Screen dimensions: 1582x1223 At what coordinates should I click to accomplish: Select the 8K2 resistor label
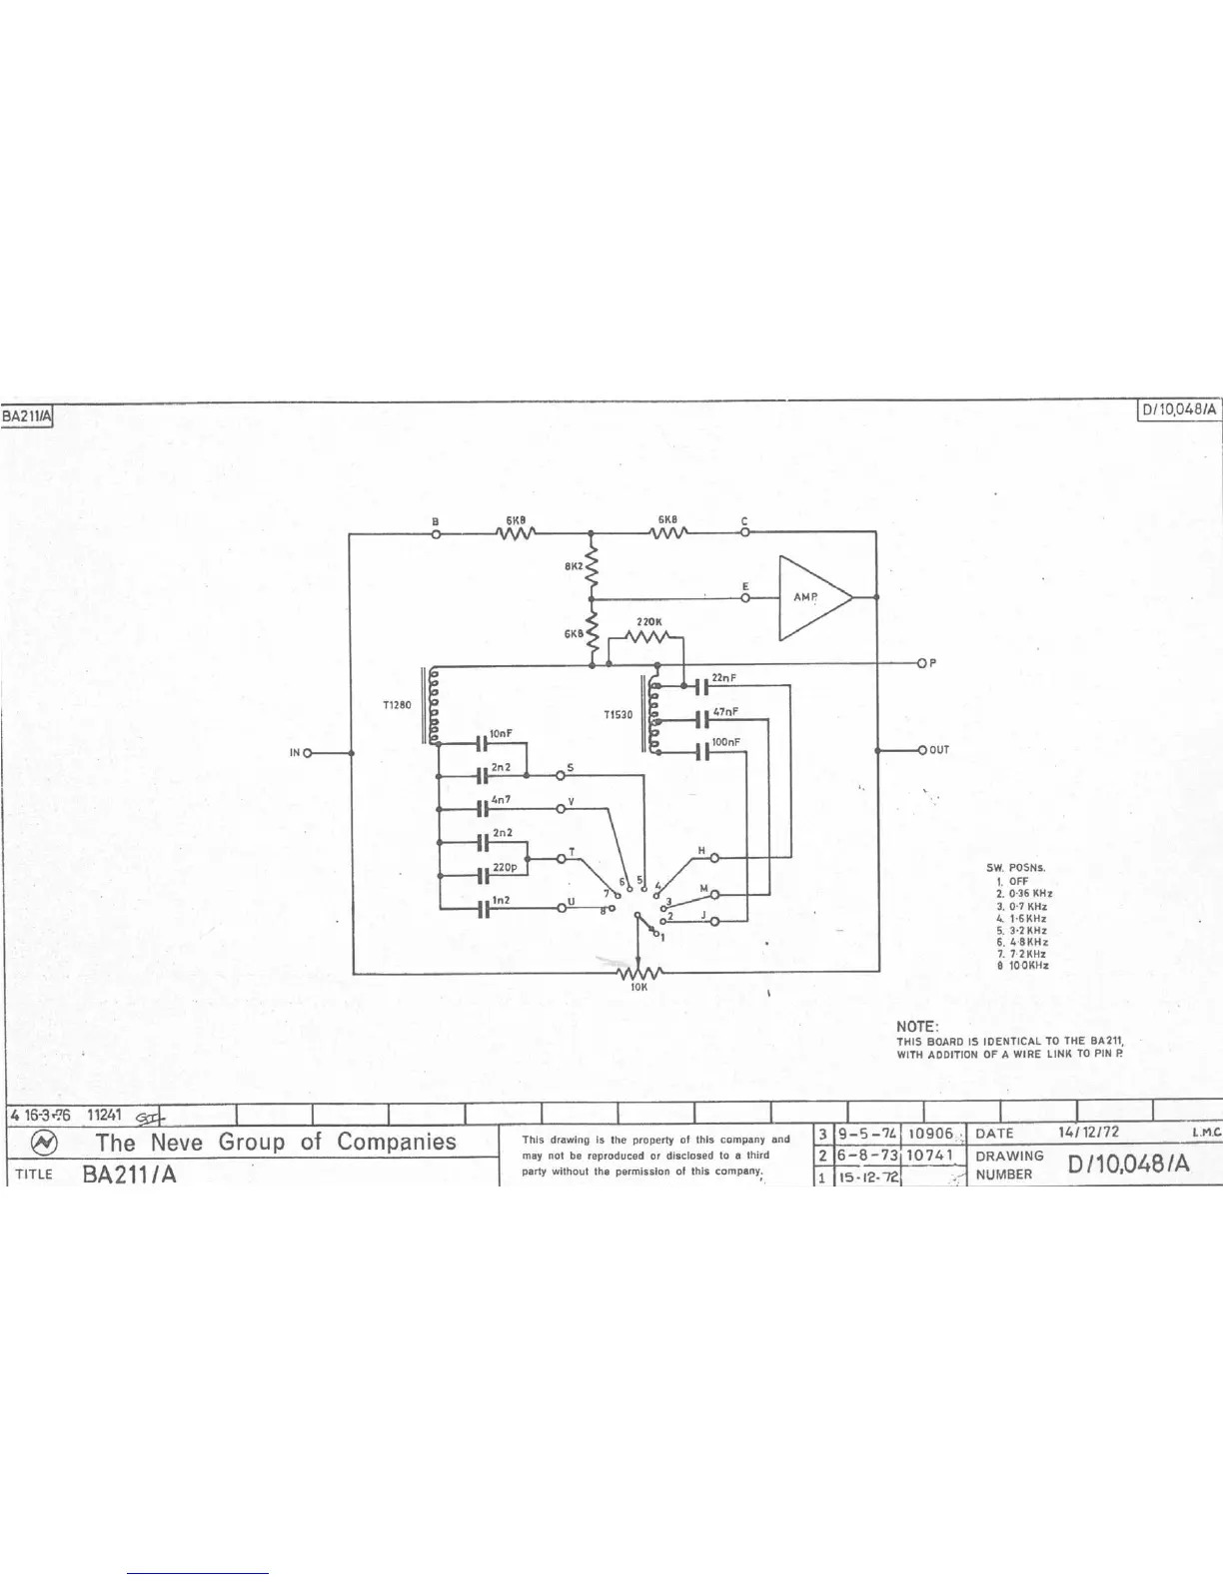[573, 566]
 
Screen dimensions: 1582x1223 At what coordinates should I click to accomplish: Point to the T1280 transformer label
[397, 704]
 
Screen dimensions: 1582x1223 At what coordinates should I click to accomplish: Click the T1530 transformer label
[617, 715]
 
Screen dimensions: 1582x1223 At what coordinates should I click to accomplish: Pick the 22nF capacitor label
[724, 678]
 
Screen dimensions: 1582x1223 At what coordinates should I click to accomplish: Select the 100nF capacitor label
[726, 742]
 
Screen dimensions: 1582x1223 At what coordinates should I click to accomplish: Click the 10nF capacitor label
[502, 733]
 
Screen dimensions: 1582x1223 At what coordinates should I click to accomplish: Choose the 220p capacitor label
[504, 868]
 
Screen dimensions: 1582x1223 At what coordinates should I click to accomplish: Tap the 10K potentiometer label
[639, 987]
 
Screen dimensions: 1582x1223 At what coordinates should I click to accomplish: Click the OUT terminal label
[939, 750]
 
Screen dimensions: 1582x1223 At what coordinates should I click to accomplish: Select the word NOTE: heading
[917, 1027]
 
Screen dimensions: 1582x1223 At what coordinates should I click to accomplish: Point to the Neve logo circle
[46, 1144]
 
